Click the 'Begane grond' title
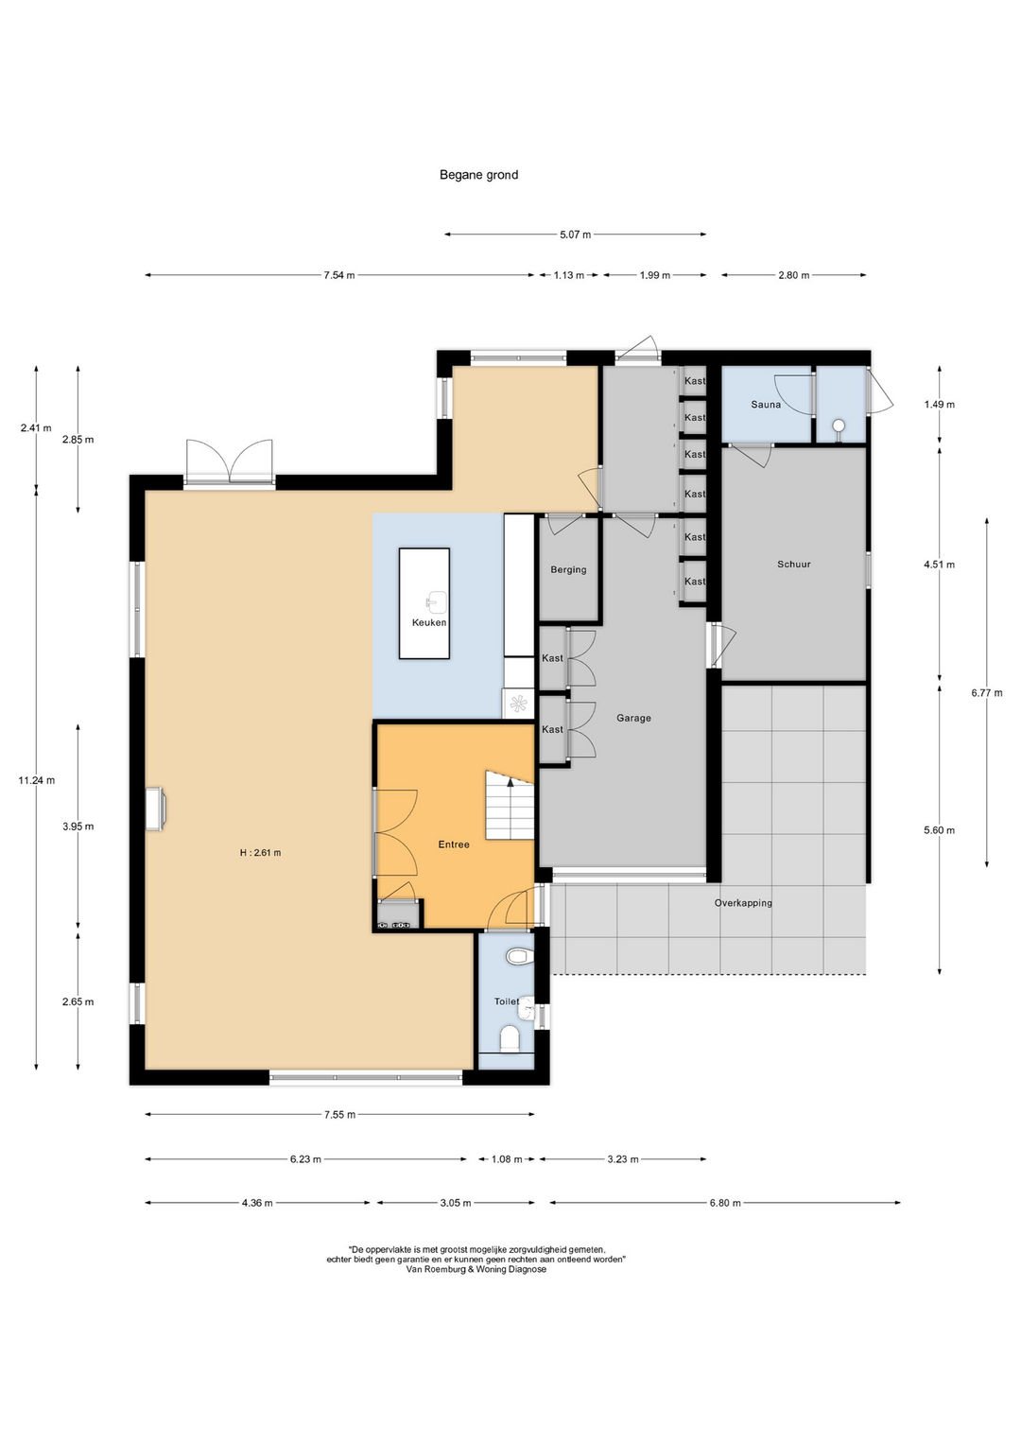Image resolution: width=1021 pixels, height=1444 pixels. coord(478,175)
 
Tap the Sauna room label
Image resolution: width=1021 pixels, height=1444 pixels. coord(766,405)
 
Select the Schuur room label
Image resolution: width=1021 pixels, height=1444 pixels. coord(793,564)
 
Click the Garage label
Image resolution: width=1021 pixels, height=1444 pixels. coord(633,718)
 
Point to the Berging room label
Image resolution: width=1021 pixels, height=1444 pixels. coord(568,570)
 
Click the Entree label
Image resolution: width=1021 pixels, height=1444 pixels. coord(454,844)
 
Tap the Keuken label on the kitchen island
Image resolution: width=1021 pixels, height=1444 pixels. coord(429,623)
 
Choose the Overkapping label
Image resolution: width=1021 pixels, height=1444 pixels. coord(743,903)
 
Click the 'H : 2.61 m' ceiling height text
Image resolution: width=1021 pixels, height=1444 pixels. coord(260,853)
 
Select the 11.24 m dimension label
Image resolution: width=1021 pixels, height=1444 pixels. coord(37,781)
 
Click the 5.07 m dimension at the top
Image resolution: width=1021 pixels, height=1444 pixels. coord(575,235)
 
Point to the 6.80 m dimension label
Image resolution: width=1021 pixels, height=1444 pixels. coord(725,1203)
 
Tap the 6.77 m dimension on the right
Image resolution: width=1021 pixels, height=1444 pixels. coord(987,694)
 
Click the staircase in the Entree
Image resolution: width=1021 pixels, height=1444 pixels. coord(510,805)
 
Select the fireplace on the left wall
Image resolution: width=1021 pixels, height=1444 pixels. coord(156,808)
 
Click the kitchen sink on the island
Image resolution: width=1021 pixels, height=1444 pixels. coord(433,602)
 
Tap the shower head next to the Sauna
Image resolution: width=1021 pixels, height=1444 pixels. coord(839,426)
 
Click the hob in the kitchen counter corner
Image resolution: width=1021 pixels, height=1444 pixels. coord(518,704)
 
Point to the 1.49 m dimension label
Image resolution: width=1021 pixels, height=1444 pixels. coord(939,405)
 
